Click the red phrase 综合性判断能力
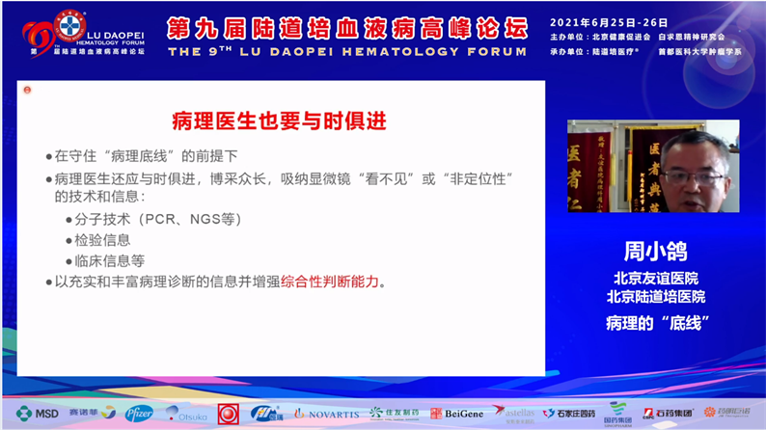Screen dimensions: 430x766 tap(331, 282)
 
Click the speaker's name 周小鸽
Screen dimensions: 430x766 tap(655, 254)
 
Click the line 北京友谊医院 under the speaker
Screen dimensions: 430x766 tap(655, 278)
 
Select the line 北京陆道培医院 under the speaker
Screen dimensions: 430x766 tap(655, 296)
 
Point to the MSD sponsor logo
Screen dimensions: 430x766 tap(37, 413)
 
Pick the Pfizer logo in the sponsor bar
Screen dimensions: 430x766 tap(138, 413)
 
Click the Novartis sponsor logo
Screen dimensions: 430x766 tap(327, 413)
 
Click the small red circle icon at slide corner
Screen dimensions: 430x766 tap(27, 90)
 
